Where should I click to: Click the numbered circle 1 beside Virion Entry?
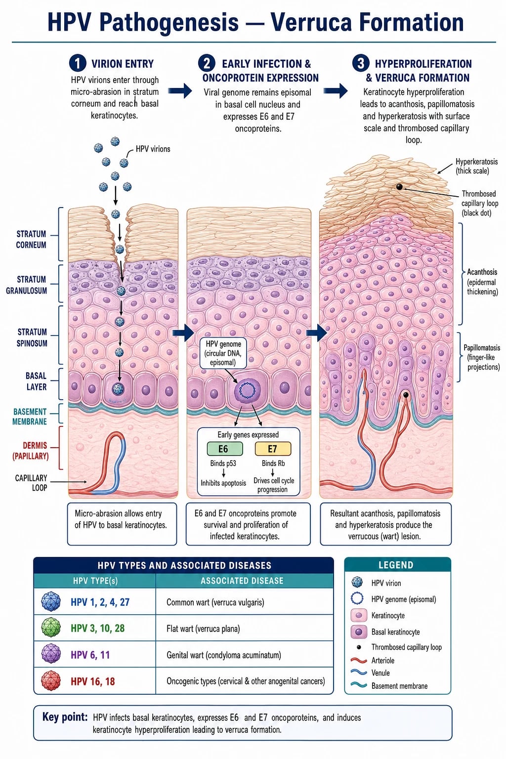[x=78, y=63]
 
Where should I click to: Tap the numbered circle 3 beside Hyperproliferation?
[x=361, y=63]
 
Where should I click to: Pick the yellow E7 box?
[x=273, y=449]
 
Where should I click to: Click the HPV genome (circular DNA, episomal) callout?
[x=223, y=353]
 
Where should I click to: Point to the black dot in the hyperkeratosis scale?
[x=400, y=187]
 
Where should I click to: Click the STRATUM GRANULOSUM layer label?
[x=26, y=285]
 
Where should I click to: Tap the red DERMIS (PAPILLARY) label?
[x=31, y=451]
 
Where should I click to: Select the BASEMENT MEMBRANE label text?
[x=30, y=417]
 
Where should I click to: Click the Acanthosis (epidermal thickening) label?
[x=482, y=282]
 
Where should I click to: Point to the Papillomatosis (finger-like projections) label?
[x=482, y=357]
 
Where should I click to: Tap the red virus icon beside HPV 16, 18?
[x=51, y=681]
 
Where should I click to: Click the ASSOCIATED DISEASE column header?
[x=242, y=581]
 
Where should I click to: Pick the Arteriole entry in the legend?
[x=382, y=660]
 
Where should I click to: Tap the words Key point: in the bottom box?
[x=65, y=717]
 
